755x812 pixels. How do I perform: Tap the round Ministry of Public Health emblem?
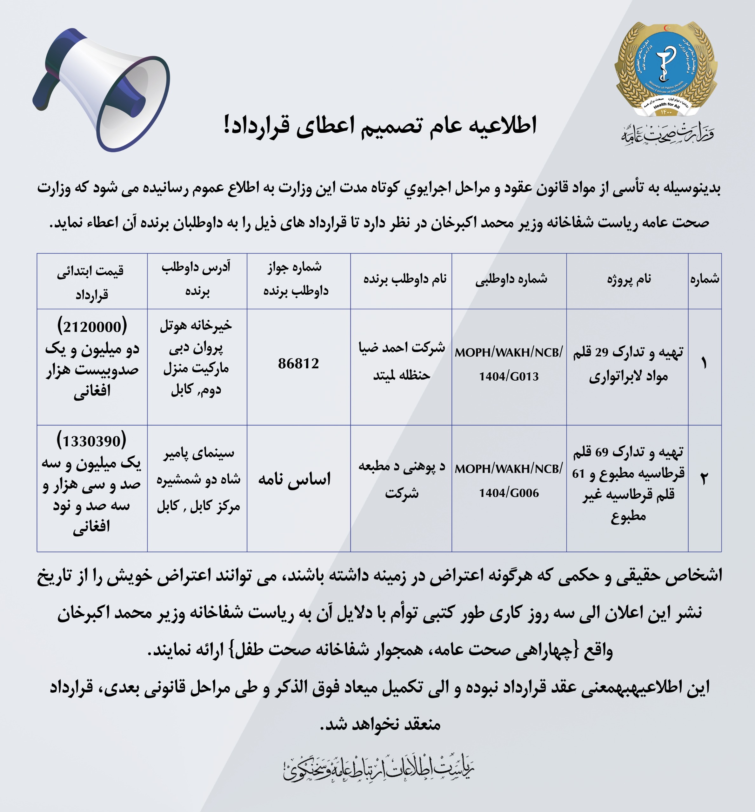(x=666, y=69)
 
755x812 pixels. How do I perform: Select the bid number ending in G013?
(x=509, y=364)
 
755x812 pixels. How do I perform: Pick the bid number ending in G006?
(x=509, y=481)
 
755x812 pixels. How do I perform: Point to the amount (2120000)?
(x=92, y=327)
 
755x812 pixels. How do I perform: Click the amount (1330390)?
(x=91, y=441)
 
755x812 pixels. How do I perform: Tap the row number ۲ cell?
(x=704, y=478)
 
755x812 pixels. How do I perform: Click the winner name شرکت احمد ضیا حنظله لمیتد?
(x=402, y=361)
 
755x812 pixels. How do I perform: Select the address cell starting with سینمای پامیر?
(x=198, y=479)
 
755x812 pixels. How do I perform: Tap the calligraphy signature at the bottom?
(x=378, y=769)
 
